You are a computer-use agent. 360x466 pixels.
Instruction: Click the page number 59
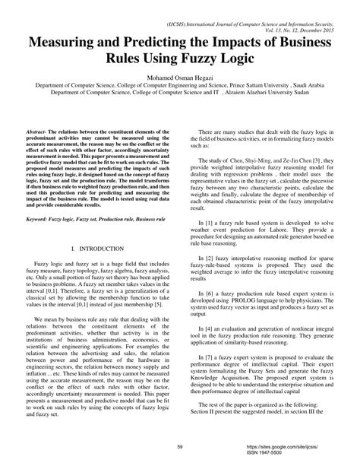(x=180, y=448)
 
